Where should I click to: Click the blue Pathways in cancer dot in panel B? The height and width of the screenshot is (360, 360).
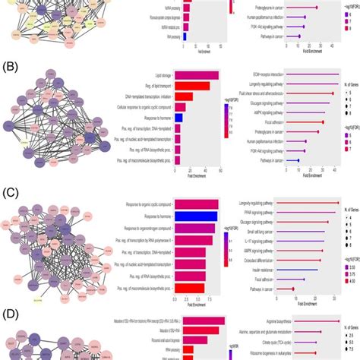[298, 160]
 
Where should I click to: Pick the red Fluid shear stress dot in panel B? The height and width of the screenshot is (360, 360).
[332, 93]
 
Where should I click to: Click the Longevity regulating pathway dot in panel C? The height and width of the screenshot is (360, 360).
[336, 203]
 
